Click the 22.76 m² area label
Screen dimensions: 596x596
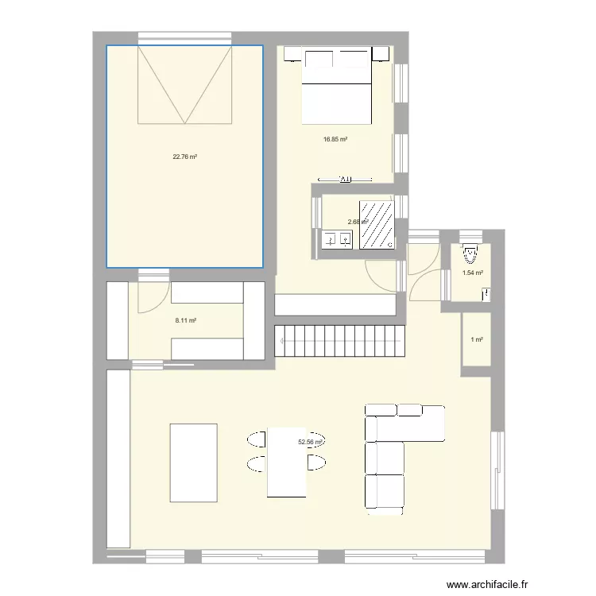click(x=184, y=157)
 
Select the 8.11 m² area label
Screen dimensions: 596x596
click(x=185, y=321)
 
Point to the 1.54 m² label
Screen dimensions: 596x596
click(x=473, y=273)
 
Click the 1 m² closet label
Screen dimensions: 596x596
click(x=477, y=340)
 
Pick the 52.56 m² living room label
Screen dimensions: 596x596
click(x=310, y=443)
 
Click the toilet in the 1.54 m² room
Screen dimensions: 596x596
click(x=470, y=254)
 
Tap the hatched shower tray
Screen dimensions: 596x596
click(x=378, y=224)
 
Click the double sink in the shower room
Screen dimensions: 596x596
click(x=337, y=238)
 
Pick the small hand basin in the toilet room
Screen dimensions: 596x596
click(x=486, y=295)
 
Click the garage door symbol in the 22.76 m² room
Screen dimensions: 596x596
click(x=184, y=84)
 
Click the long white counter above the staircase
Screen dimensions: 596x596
click(x=335, y=305)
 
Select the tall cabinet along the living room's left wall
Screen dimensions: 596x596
click(x=118, y=458)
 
